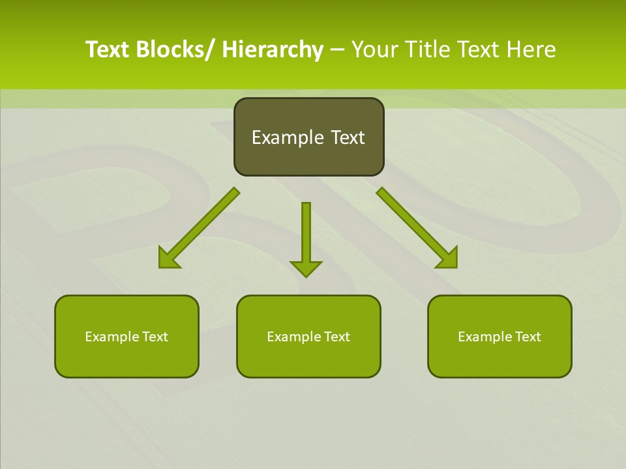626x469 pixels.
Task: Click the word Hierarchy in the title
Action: (273, 50)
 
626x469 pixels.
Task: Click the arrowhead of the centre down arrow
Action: (306, 268)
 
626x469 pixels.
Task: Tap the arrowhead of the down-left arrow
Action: (167, 260)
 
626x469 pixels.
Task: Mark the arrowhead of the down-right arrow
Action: (449, 259)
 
